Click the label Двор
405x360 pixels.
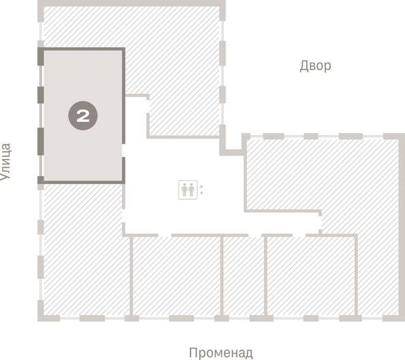(x=315, y=66)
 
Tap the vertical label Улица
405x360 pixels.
(x=6, y=161)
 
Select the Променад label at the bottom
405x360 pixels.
(x=220, y=352)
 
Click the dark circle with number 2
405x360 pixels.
(x=82, y=116)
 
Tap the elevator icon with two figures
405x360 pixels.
(x=187, y=189)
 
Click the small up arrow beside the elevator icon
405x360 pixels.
(x=201, y=185)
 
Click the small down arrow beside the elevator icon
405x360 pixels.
(x=201, y=194)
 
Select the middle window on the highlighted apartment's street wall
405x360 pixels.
(x=40, y=116)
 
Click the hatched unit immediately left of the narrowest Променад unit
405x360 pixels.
(x=176, y=276)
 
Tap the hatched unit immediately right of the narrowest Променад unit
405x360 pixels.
(x=310, y=276)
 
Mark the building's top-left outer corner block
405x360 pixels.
(x=41, y=5)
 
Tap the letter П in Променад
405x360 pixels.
(x=193, y=352)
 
